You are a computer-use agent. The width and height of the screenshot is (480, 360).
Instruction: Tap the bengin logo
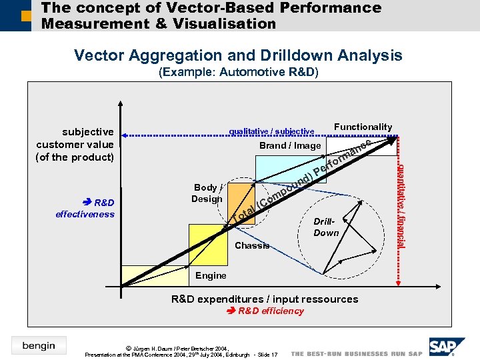[x=38, y=345]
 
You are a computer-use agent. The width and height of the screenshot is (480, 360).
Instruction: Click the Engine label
[x=211, y=275]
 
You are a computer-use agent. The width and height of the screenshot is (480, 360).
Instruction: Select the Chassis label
[x=253, y=246]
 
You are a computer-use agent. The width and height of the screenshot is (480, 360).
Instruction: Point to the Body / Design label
[x=207, y=193]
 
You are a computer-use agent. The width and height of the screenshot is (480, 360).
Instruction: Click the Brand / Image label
[x=290, y=145]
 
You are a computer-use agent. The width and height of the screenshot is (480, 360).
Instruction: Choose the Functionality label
[x=363, y=127]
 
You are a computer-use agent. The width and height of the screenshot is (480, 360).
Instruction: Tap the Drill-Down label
[x=327, y=227]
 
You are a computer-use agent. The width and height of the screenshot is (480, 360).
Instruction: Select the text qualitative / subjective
[x=271, y=131]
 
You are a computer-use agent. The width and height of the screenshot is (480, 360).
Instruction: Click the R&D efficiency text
[x=265, y=311]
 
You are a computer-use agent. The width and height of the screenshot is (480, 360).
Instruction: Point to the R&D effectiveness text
[x=85, y=208]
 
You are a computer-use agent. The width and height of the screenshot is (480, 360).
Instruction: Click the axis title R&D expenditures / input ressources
[x=265, y=299]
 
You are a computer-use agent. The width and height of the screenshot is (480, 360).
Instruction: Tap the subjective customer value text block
[x=75, y=145]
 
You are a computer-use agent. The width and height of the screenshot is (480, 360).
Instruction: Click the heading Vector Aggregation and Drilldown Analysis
[x=238, y=55]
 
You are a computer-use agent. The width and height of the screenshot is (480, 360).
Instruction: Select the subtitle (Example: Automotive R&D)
[x=239, y=72]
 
